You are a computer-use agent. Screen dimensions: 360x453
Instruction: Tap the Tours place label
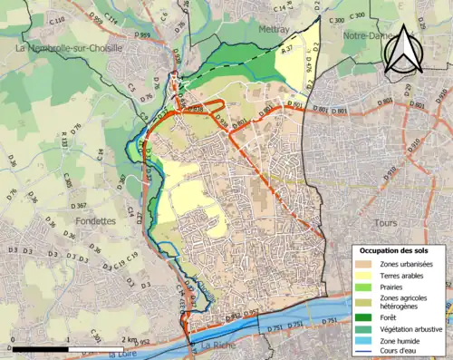tap(385, 222)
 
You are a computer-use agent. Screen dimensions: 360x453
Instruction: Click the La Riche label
tap(217, 345)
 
